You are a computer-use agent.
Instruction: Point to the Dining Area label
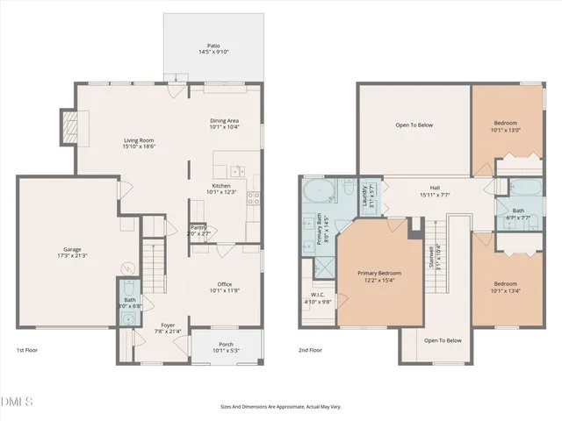[224, 123]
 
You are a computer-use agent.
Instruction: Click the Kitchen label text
[223, 189]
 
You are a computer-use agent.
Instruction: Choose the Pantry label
[199, 230]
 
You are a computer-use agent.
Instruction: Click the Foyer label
[155, 328]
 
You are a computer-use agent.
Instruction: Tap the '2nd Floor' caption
[310, 349]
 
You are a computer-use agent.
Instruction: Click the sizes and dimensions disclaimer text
[280, 407]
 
